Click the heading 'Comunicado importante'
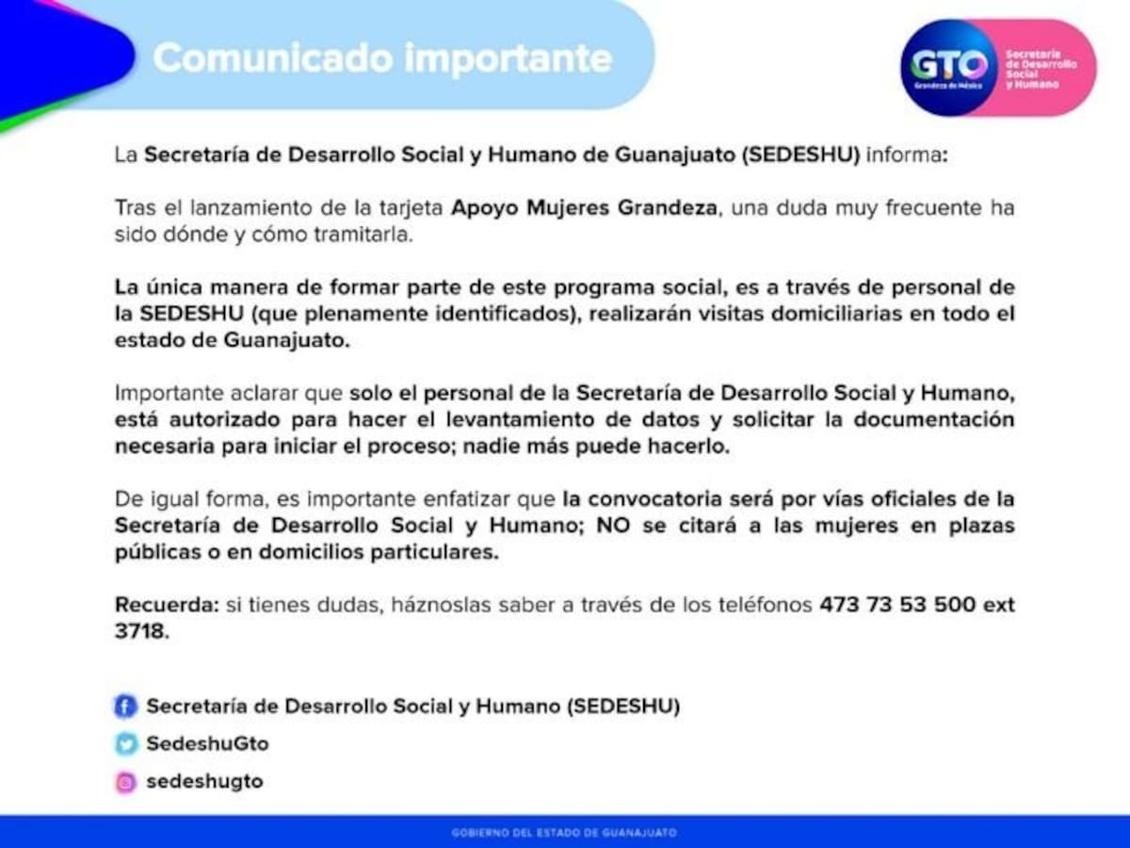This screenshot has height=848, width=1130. tap(382, 58)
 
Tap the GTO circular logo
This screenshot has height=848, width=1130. tap(948, 67)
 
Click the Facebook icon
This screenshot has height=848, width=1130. tap(125, 706)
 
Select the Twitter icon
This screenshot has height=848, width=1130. tap(125, 743)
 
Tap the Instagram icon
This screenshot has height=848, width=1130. tap(125, 782)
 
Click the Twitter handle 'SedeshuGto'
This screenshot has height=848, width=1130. tap(207, 743)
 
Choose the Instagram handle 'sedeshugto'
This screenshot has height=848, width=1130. tap(204, 782)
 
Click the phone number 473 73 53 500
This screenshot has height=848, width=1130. tap(897, 605)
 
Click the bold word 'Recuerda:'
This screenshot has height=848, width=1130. tap(166, 605)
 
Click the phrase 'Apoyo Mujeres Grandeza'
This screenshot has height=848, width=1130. tap(585, 207)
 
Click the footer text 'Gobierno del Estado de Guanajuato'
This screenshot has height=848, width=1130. tap(564, 833)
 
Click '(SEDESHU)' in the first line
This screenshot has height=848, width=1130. tap(800, 155)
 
